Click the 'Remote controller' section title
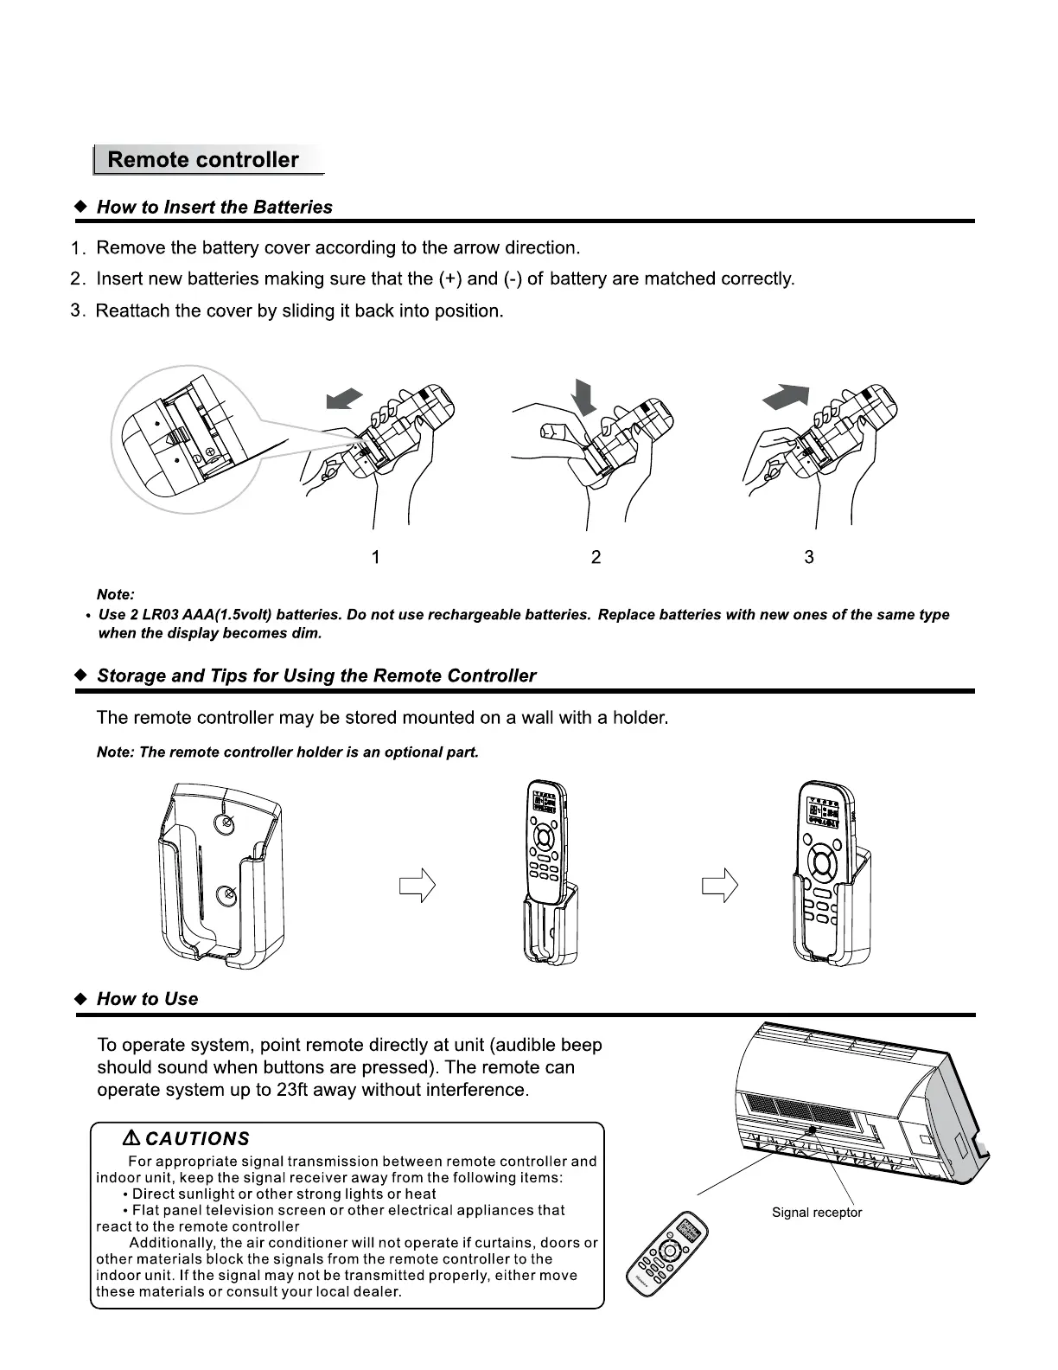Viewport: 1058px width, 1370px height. [x=203, y=160]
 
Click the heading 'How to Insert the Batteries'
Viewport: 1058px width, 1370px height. [x=214, y=208]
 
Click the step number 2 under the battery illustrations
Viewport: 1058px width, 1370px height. [x=596, y=558]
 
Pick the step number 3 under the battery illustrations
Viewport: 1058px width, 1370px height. [x=809, y=558]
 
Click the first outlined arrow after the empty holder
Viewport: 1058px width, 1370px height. [x=417, y=886]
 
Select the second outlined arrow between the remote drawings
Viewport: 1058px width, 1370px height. [x=720, y=886]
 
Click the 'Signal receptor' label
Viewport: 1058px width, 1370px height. [x=817, y=1213]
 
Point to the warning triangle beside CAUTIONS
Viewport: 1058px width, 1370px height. [x=132, y=1138]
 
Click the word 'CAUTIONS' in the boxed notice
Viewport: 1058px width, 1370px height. [x=198, y=1139]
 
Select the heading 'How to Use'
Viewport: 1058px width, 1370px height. [x=147, y=1000]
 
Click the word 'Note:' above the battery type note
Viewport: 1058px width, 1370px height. [x=116, y=595]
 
